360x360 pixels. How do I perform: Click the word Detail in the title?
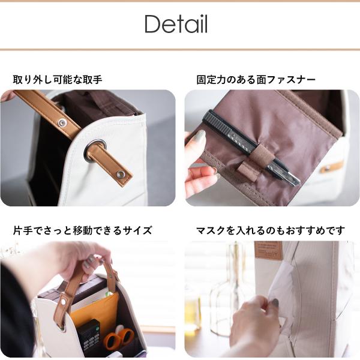click(x=176, y=24)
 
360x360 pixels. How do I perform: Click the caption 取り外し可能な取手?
click(x=58, y=80)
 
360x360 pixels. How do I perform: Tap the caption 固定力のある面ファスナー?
click(x=256, y=80)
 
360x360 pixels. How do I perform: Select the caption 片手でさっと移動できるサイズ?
click(x=82, y=230)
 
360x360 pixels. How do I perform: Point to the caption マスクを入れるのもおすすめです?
click(x=271, y=230)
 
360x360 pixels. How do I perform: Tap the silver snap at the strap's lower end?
click(x=119, y=174)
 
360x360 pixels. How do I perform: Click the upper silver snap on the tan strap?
click(x=62, y=122)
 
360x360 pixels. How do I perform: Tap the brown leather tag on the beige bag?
click(x=268, y=250)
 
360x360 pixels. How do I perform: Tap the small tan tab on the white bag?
click(x=331, y=167)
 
